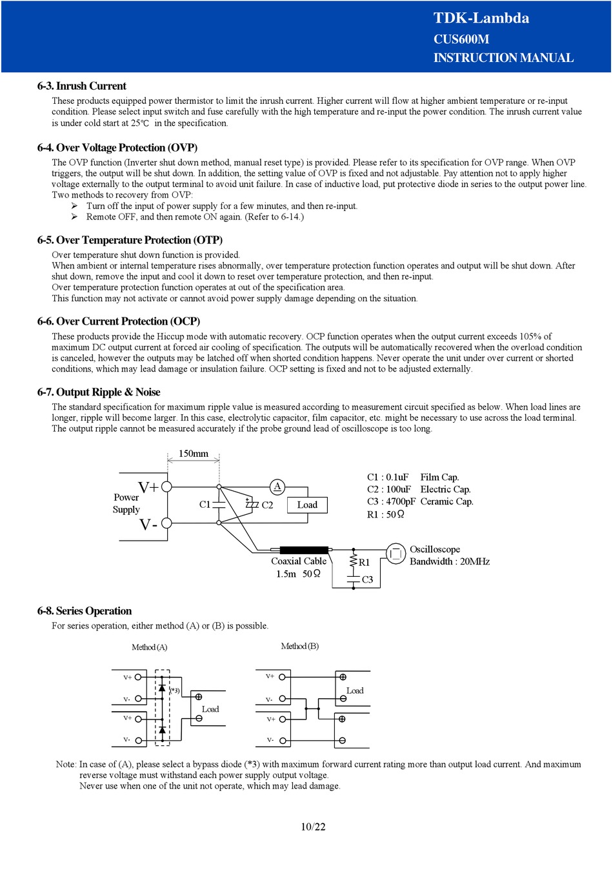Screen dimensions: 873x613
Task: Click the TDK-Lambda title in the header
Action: tap(481, 18)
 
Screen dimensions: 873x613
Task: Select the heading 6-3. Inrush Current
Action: tap(82, 86)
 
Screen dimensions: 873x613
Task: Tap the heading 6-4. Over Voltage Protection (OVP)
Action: tap(117, 148)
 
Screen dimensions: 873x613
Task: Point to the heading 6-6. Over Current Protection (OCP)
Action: tap(119, 321)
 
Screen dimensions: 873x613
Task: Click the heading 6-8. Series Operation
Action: tap(85, 611)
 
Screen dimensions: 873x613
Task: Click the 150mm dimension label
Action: tap(194, 454)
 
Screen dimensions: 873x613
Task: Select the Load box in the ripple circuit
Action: tap(307, 505)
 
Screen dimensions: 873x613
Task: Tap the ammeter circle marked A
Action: tap(277, 487)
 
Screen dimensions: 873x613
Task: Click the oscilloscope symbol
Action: tap(396, 554)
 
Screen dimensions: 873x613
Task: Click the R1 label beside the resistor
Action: tap(365, 563)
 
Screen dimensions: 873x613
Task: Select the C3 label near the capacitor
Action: tap(367, 579)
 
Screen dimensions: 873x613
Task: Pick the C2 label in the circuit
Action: tap(267, 505)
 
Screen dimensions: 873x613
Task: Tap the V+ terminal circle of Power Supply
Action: tap(166, 487)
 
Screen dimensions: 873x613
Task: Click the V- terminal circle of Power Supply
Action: tap(166, 523)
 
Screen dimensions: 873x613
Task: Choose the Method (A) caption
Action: tap(149, 647)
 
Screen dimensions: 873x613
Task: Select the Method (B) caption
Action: tap(299, 646)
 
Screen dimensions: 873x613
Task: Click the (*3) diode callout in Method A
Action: tap(175, 690)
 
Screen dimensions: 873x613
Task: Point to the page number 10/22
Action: tap(313, 827)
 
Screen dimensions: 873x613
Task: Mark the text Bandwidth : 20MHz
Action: tap(450, 561)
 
